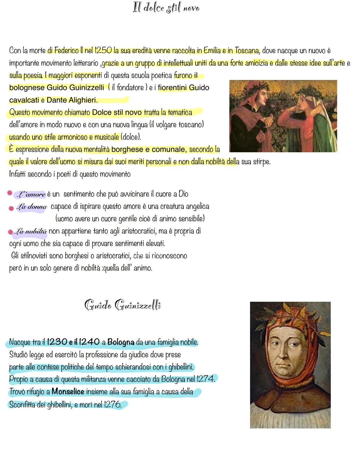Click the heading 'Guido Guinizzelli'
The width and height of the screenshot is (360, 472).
click(123, 305)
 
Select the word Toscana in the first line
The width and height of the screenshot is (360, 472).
click(247, 51)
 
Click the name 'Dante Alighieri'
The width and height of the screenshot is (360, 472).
click(72, 100)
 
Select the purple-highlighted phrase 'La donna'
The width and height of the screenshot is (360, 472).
click(32, 207)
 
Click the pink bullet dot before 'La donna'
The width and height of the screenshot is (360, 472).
click(11, 208)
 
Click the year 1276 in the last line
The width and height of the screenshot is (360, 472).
click(113, 405)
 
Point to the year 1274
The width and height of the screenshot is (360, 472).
click(206, 379)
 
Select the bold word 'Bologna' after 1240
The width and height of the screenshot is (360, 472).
click(121, 342)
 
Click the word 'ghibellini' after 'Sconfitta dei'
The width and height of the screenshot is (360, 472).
click(58, 405)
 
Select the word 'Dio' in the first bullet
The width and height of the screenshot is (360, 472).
click(183, 194)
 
